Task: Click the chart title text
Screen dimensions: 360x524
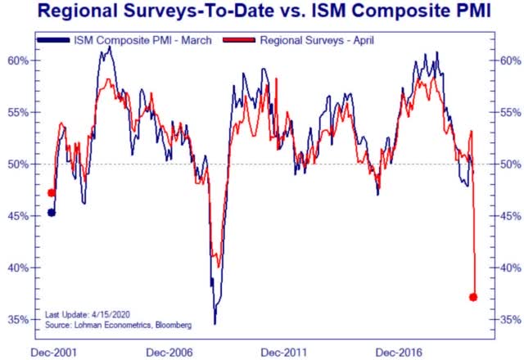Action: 262,12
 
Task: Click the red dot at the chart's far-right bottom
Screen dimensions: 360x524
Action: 473,297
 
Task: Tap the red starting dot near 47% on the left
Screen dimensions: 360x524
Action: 52,193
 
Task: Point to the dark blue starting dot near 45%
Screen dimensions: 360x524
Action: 52,213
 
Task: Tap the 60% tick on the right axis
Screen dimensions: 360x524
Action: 507,61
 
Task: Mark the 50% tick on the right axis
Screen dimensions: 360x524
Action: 507,164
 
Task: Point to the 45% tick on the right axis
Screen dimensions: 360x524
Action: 507,216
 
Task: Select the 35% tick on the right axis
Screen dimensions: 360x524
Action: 507,319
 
